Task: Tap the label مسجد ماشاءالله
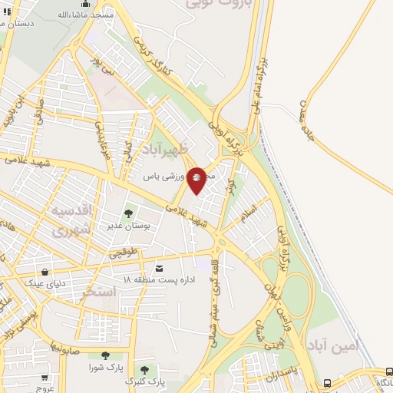click(86, 15)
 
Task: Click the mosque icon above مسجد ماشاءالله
click(85, 4)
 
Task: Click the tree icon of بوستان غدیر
click(128, 214)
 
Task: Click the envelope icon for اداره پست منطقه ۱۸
click(159, 268)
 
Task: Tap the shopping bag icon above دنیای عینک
click(45, 272)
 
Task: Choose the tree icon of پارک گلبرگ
click(144, 370)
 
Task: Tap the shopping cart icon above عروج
click(45, 377)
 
